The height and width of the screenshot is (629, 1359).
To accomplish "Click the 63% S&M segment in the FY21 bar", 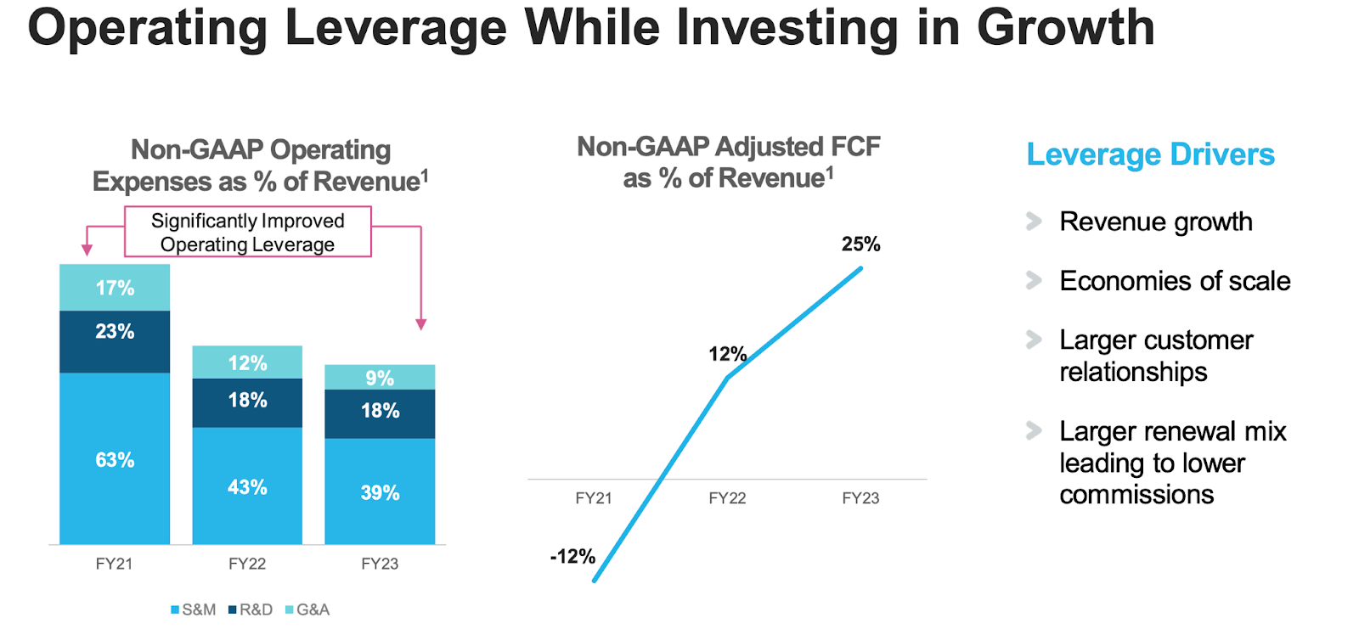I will coord(115,459).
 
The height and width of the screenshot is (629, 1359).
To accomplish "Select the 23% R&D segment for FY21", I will coord(115,340).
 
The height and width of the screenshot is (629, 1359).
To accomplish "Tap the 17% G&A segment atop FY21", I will coord(115,288).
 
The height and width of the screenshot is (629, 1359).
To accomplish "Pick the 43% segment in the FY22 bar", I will coord(247,486).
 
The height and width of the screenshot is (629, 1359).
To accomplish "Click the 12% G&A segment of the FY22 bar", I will coord(247,362).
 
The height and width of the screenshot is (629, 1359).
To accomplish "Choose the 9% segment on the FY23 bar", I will coord(380,378).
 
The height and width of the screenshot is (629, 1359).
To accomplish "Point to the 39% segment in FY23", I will coord(380,491).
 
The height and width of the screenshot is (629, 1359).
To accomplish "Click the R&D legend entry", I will coord(251,609).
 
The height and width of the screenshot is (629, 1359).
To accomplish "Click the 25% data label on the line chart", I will coord(860,244).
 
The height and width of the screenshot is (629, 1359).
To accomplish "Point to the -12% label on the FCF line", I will coord(572,557).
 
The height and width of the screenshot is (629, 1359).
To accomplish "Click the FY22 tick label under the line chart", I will coord(727,498).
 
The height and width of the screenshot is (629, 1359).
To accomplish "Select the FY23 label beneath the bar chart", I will coord(380,564).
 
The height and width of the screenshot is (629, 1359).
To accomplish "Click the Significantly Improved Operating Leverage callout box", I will coord(247,232).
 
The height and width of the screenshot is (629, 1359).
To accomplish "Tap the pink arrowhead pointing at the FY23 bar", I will coord(421,324).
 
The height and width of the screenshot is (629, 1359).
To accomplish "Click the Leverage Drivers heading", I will coord(1150,154).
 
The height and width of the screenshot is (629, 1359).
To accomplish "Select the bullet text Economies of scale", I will coord(1174,281).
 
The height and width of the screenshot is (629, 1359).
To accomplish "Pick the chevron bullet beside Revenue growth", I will coord(1034,222).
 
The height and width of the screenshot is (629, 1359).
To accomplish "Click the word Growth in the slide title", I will coord(1065,27).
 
